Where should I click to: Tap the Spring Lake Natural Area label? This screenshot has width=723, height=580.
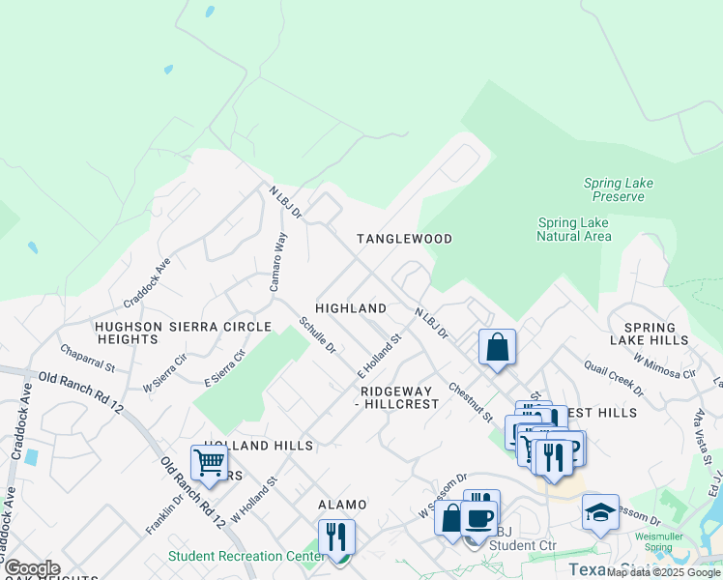[x=573, y=229]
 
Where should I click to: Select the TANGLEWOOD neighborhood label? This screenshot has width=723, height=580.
[x=404, y=239]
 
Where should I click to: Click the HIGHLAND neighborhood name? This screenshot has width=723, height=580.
[x=351, y=308]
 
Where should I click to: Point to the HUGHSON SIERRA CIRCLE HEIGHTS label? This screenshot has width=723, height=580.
[x=183, y=333]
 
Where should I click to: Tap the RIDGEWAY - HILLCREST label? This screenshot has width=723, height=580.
[x=399, y=397]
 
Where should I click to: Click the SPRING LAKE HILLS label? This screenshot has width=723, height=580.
[x=649, y=333]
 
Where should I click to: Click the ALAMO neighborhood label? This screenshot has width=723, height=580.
[x=343, y=506]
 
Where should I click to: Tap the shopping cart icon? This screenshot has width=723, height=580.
[x=209, y=463]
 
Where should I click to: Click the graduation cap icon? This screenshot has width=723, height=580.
[x=600, y=511]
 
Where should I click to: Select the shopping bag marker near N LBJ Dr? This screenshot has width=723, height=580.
[x=497, y=347]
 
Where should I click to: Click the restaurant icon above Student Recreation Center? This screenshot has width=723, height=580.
[x=336, y=536]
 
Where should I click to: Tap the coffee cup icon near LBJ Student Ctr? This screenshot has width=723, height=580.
[x=478, y=517]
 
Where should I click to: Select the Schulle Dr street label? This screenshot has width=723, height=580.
[x=316, y=334]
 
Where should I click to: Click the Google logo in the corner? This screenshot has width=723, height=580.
[x=32, y=568]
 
